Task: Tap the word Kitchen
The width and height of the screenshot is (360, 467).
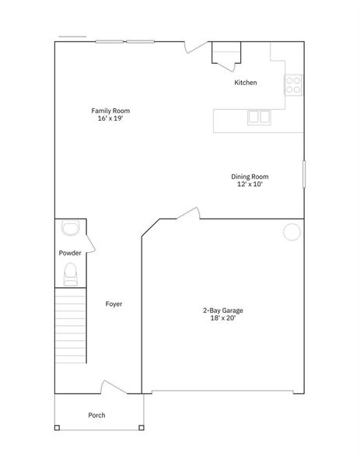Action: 246,83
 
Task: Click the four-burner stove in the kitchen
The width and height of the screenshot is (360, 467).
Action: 294,84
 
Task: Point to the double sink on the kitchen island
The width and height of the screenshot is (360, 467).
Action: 259,117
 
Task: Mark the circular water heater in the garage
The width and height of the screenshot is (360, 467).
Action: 292,231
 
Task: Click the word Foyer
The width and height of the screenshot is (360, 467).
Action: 114,304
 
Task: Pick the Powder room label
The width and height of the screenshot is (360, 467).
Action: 70,254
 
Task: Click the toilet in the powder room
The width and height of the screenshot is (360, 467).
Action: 70,273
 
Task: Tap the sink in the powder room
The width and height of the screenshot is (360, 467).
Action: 70,227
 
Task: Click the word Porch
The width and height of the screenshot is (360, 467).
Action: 96,415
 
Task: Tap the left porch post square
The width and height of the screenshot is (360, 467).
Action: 56,427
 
